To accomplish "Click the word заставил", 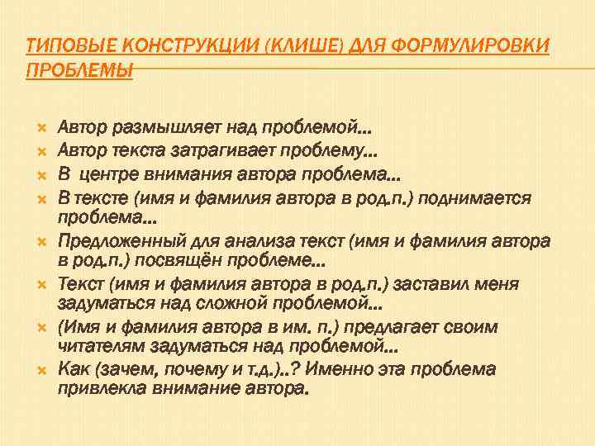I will pos(430,284).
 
